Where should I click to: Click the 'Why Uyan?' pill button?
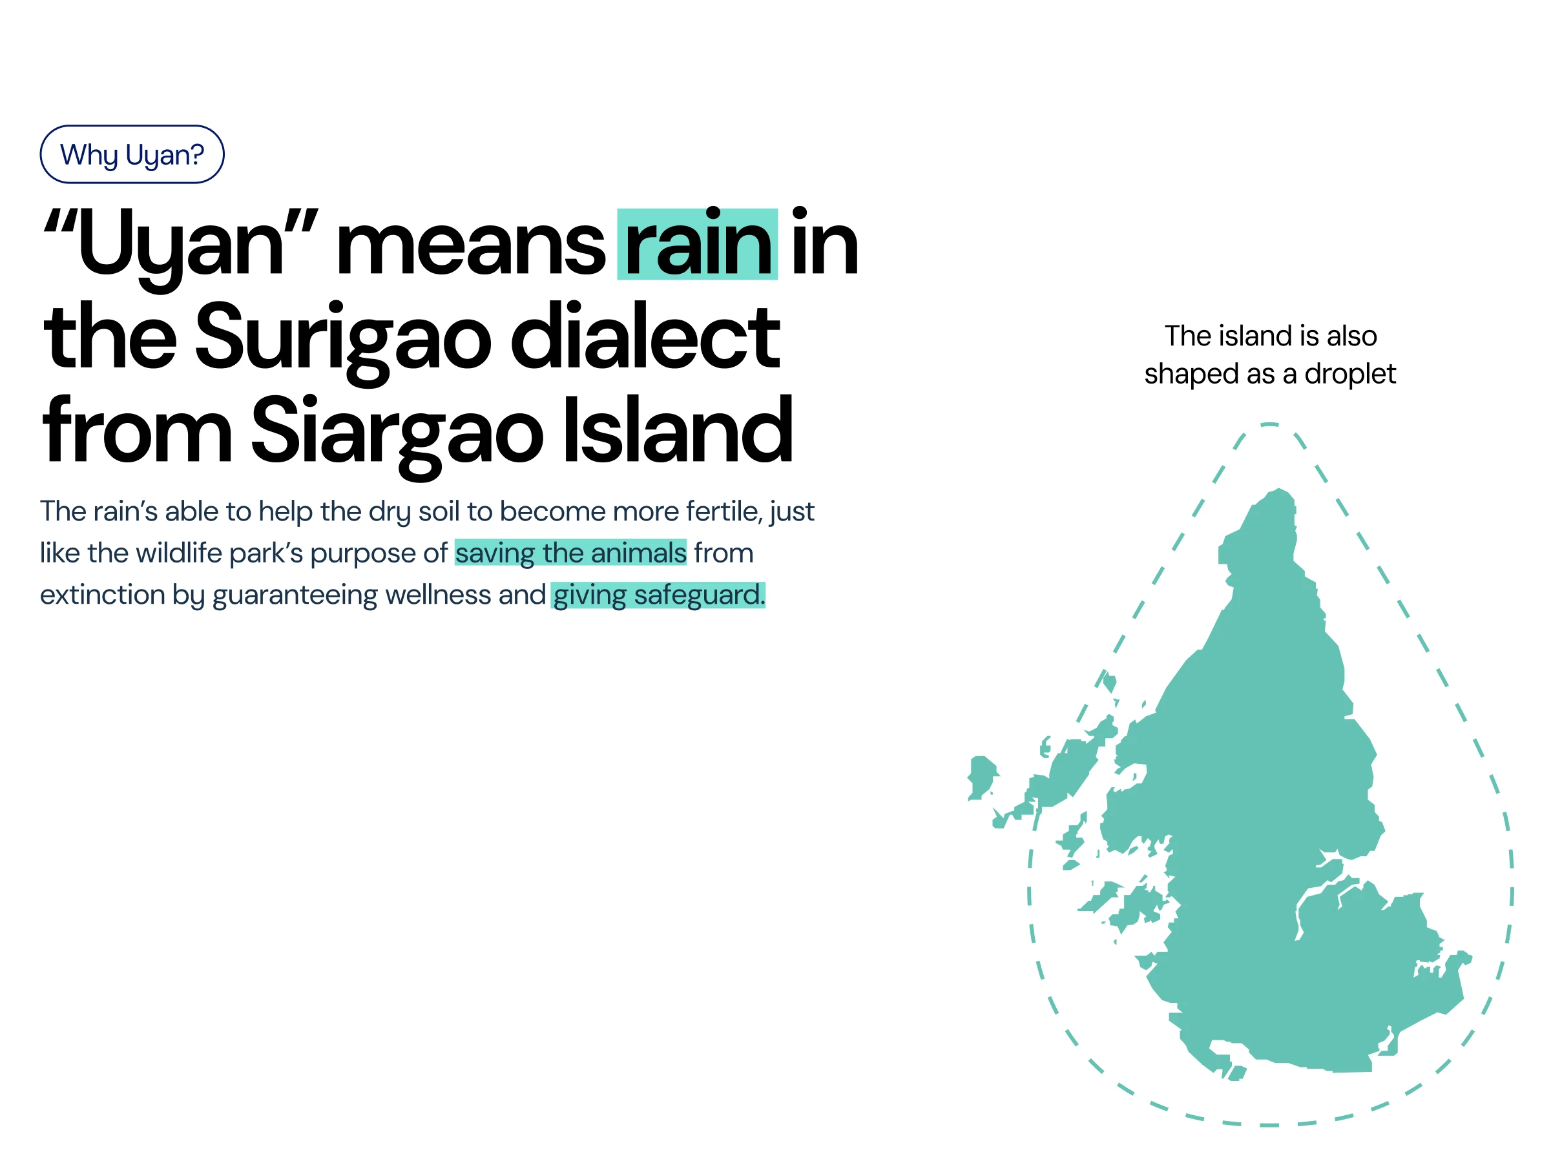tap(132, 154)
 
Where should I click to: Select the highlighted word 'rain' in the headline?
tap(697, 245)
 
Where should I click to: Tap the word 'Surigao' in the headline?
tap(344, 340)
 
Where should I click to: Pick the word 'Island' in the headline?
tap(678, 429)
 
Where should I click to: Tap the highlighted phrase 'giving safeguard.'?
tap(658, 595)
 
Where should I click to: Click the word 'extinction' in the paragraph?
tap(102, 595)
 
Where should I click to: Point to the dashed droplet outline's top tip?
tap(1270, 424)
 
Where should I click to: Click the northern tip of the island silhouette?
tap(1280, 489)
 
